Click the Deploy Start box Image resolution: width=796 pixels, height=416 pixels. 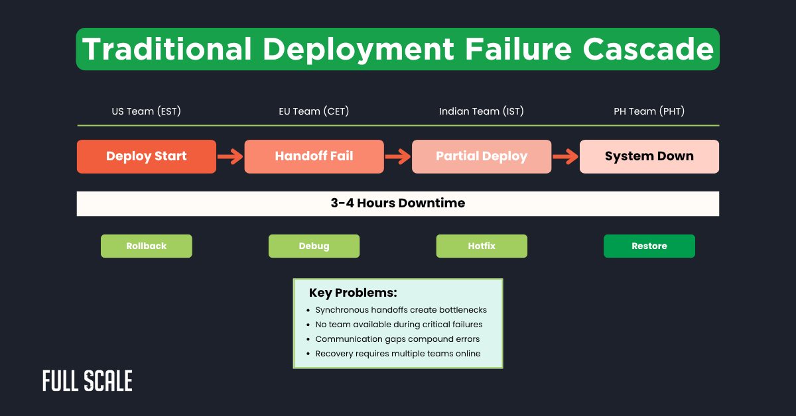147,156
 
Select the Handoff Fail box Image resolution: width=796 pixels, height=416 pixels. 314,156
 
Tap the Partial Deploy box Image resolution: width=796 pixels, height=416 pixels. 482,156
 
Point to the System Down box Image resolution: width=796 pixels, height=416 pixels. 649,156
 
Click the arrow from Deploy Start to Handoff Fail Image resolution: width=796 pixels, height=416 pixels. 230,157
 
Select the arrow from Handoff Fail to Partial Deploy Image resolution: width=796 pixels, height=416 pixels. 398,157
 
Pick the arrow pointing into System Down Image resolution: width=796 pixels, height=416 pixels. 565,157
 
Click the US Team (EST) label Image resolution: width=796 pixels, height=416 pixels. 147,111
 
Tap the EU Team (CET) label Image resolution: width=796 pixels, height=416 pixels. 314,111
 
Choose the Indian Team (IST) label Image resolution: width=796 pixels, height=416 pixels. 482,111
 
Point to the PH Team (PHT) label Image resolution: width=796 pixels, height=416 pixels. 649,111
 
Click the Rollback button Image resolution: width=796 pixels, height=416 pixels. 147,246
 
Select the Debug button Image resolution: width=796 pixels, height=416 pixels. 314,246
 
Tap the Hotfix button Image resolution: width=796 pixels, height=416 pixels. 482,246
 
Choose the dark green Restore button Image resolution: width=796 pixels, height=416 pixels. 649,246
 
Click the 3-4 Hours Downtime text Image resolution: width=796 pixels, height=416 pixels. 398,203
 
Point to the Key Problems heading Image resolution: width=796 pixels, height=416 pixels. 353,293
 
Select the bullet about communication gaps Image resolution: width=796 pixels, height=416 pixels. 397,339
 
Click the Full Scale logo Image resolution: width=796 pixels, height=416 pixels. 88,381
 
